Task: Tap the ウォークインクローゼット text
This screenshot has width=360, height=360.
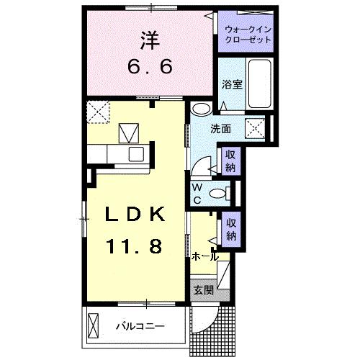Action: click(x=248, y=34)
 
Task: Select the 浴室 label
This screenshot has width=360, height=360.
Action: click(x=231, y=84)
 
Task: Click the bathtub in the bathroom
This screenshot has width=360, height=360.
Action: click(x=260, y=82)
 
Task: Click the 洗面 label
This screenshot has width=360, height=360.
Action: click(x=220, y=130)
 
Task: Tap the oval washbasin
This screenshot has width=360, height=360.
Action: click(x=201, y=109)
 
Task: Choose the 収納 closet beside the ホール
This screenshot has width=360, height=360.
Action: click(x=230, y=230)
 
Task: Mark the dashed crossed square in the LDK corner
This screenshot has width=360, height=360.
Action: click(x=96, y=112)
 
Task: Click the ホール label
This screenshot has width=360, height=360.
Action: click(x=205, y=256)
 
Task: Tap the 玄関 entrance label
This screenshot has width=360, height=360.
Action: click(x=203, y=290)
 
